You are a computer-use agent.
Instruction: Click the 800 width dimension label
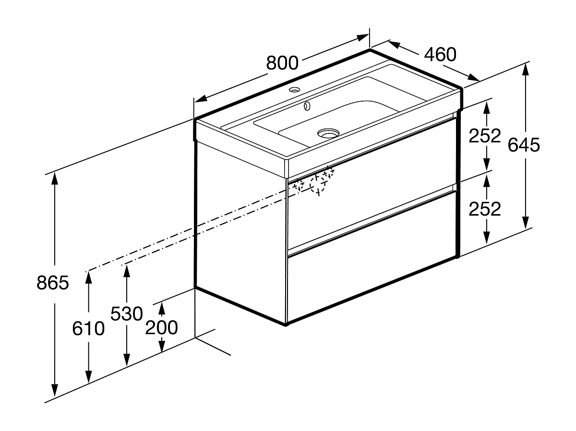(282, 62)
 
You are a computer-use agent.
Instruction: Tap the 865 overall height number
(53, 283)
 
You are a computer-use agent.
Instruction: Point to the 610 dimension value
(88, 329)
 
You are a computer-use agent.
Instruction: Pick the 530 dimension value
(127, 314)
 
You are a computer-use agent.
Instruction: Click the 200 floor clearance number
(162, 328)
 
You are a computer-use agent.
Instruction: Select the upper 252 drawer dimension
(485, 136)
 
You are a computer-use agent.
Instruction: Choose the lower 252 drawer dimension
(485, 209)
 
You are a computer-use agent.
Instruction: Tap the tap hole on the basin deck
(294, 90)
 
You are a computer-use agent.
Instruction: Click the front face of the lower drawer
(372, 283)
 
